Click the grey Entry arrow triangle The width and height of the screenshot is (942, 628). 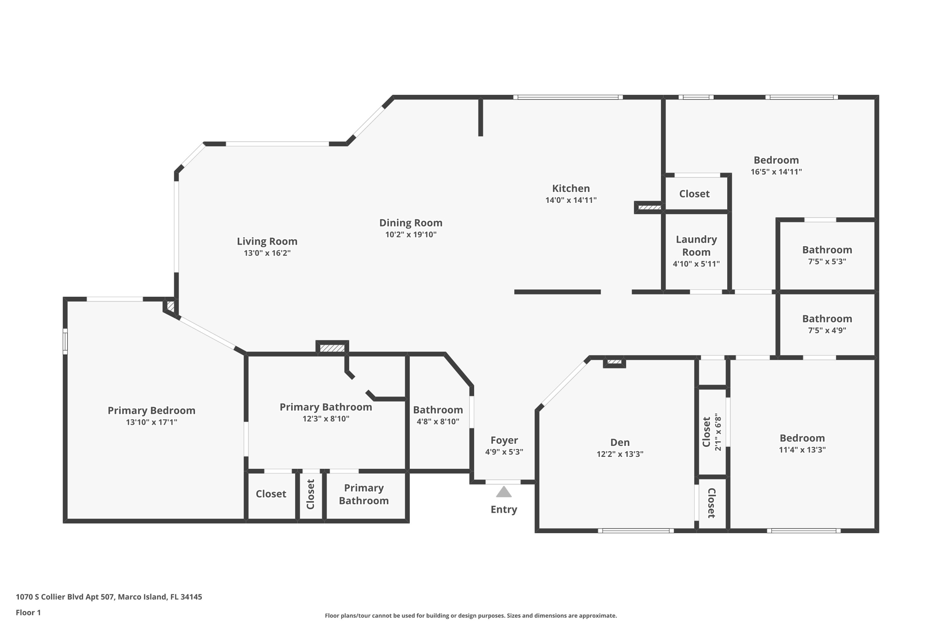[x=504, y=492]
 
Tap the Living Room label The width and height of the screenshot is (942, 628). [x=267, y=241]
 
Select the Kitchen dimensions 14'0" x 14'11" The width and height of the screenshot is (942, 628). [x=571, y=200]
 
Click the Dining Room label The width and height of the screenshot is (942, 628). [x=410, y=223]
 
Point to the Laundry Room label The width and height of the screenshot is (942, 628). [x=696, y=246]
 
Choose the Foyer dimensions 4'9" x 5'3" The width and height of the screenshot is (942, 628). [x=504, y=452]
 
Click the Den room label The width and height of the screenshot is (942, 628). [x=620, y=443]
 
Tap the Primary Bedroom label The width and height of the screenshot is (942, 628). [x=151, y=410]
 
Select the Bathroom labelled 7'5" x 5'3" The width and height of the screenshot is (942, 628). [x=827, y=250]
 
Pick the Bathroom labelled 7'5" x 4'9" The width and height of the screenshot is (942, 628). [x=827, y=319]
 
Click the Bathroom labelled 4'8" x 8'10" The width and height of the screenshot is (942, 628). [x=437, y=410]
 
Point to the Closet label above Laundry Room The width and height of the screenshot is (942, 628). [x=694, y=194]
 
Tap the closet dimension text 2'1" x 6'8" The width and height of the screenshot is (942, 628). [x=718, y=432]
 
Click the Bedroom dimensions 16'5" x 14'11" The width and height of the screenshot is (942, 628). [x=776, y=172]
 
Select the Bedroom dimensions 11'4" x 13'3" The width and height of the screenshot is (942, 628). [x=802, y=450]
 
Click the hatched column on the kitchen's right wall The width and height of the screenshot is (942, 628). [x=649, y=207]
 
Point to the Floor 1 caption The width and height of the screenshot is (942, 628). [x=28, y=612]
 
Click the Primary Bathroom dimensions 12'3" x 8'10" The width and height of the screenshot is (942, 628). [x=326, y=419]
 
